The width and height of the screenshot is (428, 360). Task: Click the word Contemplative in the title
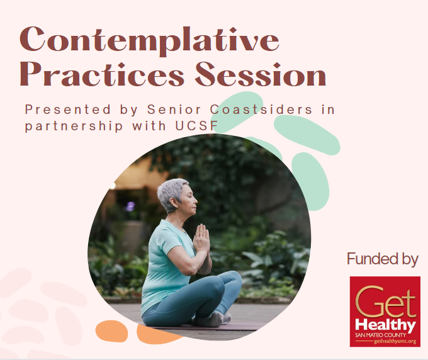click(x=149, y=40)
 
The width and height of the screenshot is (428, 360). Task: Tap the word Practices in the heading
click(x=102, y=74)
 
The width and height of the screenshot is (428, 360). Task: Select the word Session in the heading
click(x=261, y=74)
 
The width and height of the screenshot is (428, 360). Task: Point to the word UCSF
click(x=196, y=126)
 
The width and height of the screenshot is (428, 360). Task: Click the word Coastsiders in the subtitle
click(x=261, y=110)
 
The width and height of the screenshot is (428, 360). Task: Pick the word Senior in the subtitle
click(x=174, y=110)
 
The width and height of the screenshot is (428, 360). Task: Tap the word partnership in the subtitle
click(x=74, y=127)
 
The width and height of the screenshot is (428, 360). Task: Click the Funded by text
click(x=383, y=259)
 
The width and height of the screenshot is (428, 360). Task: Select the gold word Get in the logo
click(x=386, y=301)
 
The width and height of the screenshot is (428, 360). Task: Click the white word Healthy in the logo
click(x=385, y=325)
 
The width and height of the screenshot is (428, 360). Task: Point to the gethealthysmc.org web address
click(x=395, y=341)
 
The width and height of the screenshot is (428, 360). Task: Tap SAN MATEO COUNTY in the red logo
click(x=380, y=335)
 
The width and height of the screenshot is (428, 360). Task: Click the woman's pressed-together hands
click(x=201, y=238)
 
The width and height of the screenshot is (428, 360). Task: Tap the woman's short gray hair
click(x=171, y=193)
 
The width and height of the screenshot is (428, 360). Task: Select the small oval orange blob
click(x=111, y=331)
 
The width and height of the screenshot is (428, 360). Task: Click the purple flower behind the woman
click(x=130, y=206)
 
